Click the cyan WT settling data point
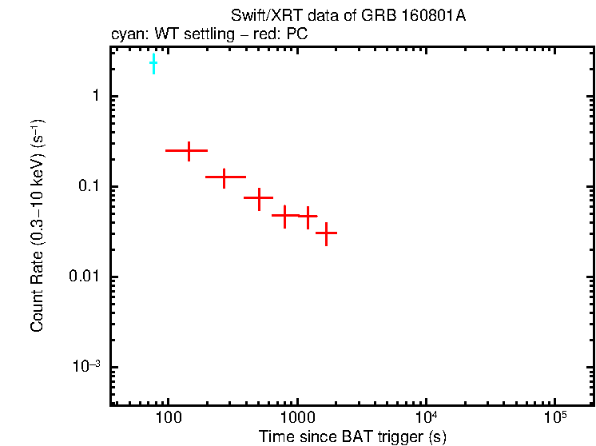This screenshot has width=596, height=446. [x=153, y=62]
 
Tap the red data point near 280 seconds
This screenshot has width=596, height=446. [x=224, y=177]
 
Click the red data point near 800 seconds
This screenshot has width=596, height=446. [x=285, y=215]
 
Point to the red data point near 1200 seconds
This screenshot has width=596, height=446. [x=308, y=216]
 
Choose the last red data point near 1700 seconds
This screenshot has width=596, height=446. [x=326, y=233]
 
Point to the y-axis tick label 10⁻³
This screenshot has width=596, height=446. [x=86, y=366]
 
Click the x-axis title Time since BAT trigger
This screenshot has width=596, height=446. [x=352, y=436]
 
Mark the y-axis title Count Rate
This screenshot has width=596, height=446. [x=38, y=225]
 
